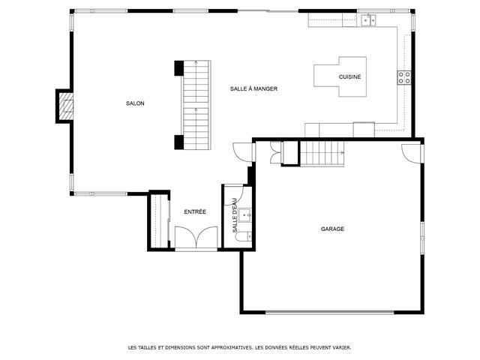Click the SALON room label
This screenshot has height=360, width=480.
135,103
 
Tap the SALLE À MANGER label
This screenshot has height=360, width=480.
253,88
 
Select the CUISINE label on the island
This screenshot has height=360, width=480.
349,76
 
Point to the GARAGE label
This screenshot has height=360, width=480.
332,229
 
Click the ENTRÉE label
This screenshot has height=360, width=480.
195,211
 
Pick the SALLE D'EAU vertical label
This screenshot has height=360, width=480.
235,215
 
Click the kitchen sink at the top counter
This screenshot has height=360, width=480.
369,20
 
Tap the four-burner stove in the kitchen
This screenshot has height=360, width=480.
404,77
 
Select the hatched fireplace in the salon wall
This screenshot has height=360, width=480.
66,106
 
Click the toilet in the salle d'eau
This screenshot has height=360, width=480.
244,236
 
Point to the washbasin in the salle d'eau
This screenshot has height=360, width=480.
245,215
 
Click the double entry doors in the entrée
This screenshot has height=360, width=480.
196,237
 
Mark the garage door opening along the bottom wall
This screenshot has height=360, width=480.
329,312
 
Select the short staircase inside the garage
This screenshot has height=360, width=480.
322,154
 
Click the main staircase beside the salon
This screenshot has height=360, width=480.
196,105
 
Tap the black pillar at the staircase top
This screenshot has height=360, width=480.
178,68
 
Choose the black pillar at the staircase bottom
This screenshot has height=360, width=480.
178,142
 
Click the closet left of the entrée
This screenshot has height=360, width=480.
159,220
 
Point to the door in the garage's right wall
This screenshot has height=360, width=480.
412,153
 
